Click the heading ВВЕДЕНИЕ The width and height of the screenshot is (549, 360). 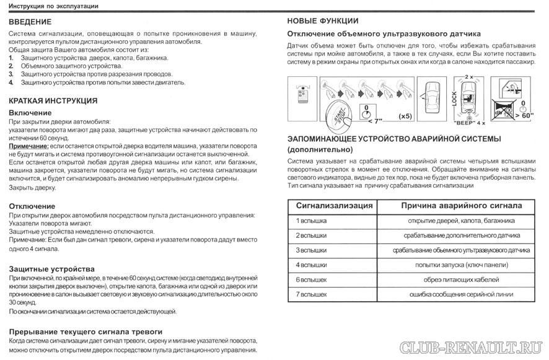coord(30,22)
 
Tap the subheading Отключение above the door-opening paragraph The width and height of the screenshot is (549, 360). coord(32,206)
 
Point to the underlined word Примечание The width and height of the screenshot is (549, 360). coord(29,145)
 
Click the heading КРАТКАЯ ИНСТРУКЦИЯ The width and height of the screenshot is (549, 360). coord(53,100)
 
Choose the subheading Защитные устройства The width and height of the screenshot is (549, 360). coord(52,270)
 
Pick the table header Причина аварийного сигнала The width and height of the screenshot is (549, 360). coord(461,206)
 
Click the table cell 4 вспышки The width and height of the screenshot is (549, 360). coord(311,265)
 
